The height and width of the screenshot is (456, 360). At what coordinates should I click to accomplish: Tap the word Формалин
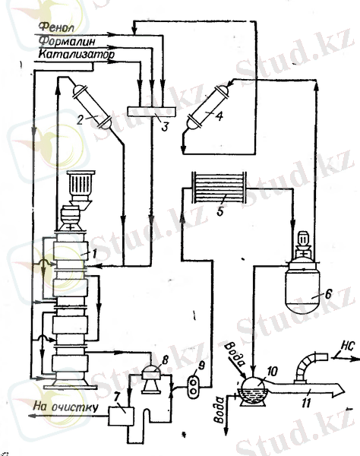(x=67, y=41)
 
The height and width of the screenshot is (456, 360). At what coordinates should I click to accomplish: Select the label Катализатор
(x=77, y=55)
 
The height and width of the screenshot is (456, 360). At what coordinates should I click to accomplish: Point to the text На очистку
(x=65, y=407)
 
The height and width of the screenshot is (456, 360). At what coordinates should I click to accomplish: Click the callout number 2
(x=81, y=120)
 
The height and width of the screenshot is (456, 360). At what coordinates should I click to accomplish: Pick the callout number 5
(x=220, y=211)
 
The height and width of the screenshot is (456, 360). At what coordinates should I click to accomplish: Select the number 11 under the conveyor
(x=306, y=403)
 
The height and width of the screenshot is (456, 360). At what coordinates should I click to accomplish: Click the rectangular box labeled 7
(x=122, y=416)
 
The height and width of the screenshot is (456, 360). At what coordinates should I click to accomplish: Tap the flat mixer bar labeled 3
(x=151, y=112)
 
